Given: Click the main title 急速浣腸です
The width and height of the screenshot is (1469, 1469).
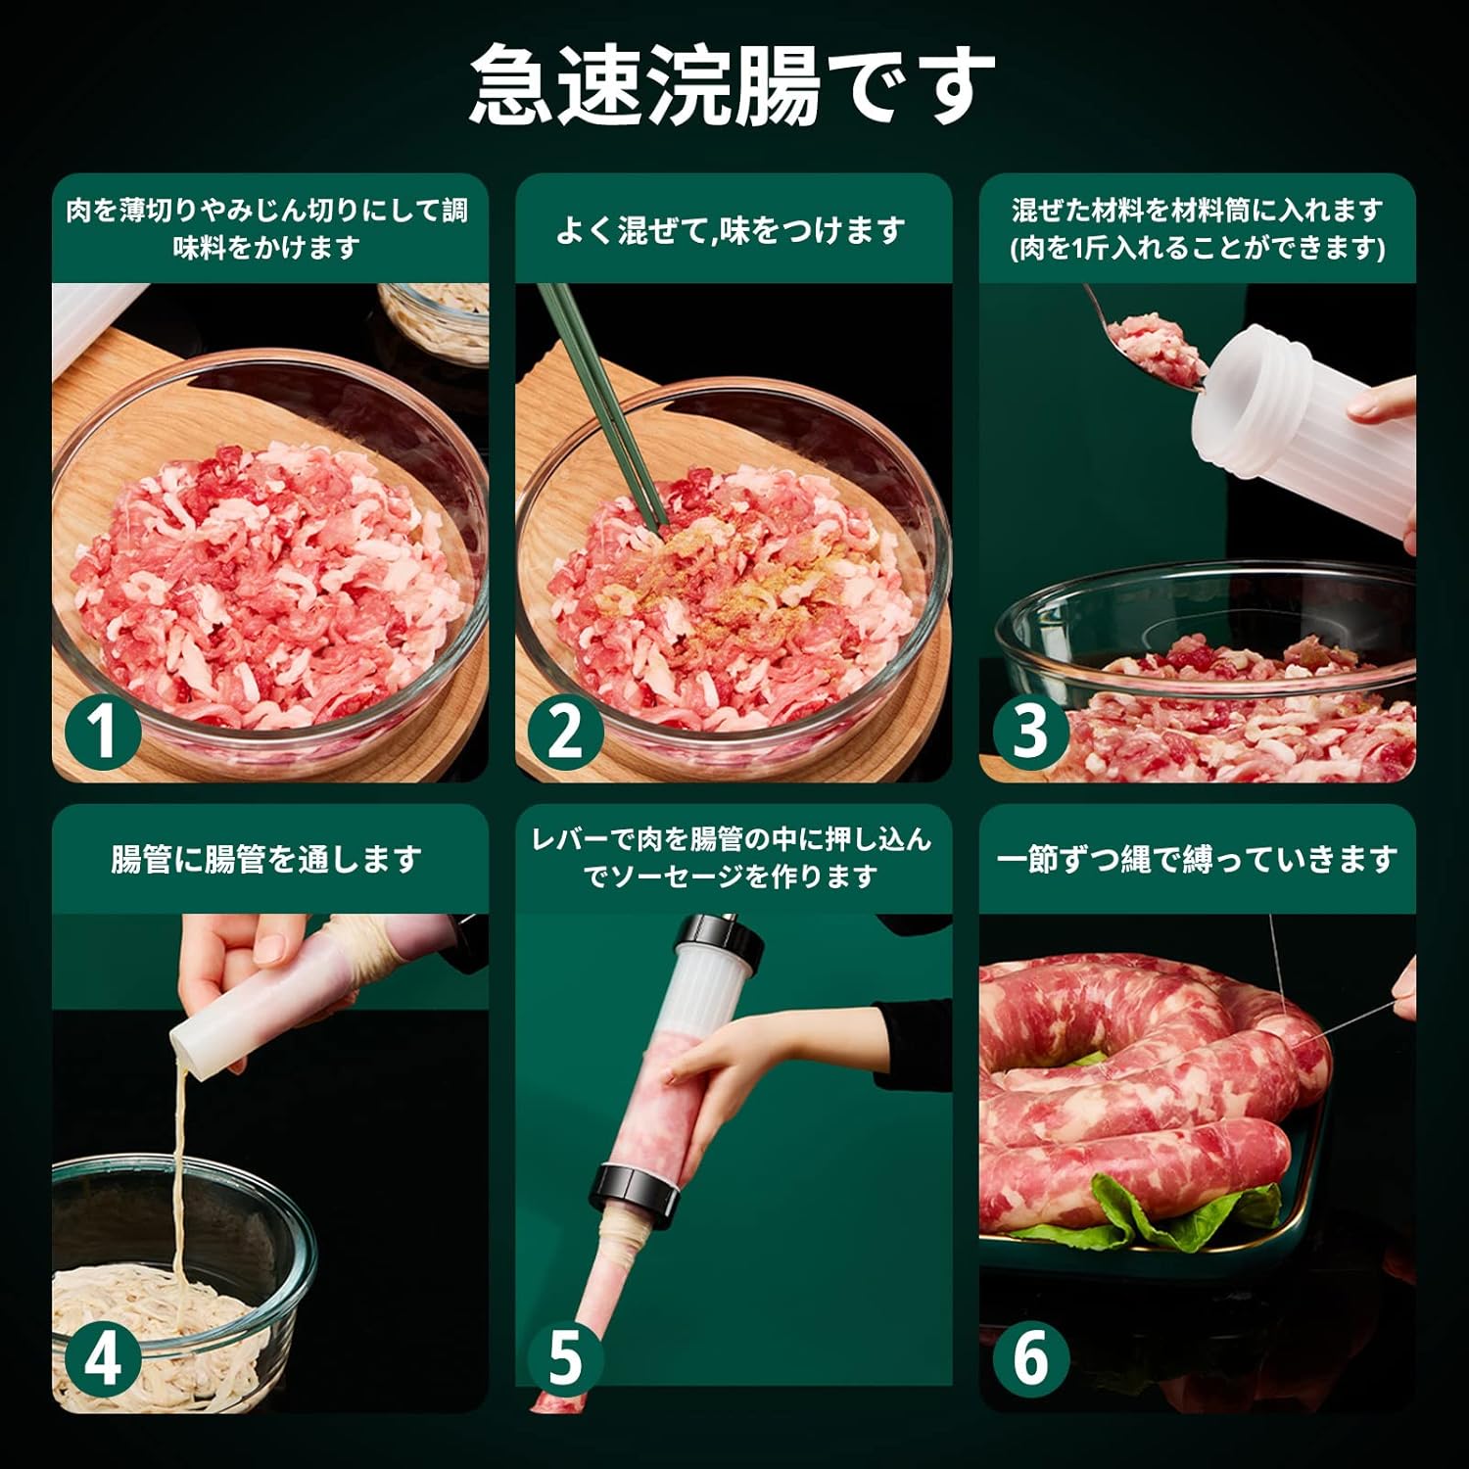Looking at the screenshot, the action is tap(733, 86).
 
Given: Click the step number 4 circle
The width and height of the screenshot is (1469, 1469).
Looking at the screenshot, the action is tap(103, 1359).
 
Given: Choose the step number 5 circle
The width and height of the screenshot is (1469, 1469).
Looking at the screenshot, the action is tap(566, 1359).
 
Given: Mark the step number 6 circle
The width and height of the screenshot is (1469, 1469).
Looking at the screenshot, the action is tap(1030, 1359).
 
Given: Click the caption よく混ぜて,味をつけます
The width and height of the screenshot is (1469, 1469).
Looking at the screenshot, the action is tap(731, 231).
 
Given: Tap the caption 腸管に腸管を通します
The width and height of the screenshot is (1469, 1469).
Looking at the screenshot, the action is tap(266, 860).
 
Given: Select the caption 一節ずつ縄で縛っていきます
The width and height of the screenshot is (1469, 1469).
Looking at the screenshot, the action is tap(1197, 860).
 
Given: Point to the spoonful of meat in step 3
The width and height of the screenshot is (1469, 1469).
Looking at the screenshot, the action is tap(1161, 348).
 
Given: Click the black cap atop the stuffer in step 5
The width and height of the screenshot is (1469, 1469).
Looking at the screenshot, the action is tap(723, 938).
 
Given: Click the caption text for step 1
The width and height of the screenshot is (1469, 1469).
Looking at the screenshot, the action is tap(267, 229).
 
